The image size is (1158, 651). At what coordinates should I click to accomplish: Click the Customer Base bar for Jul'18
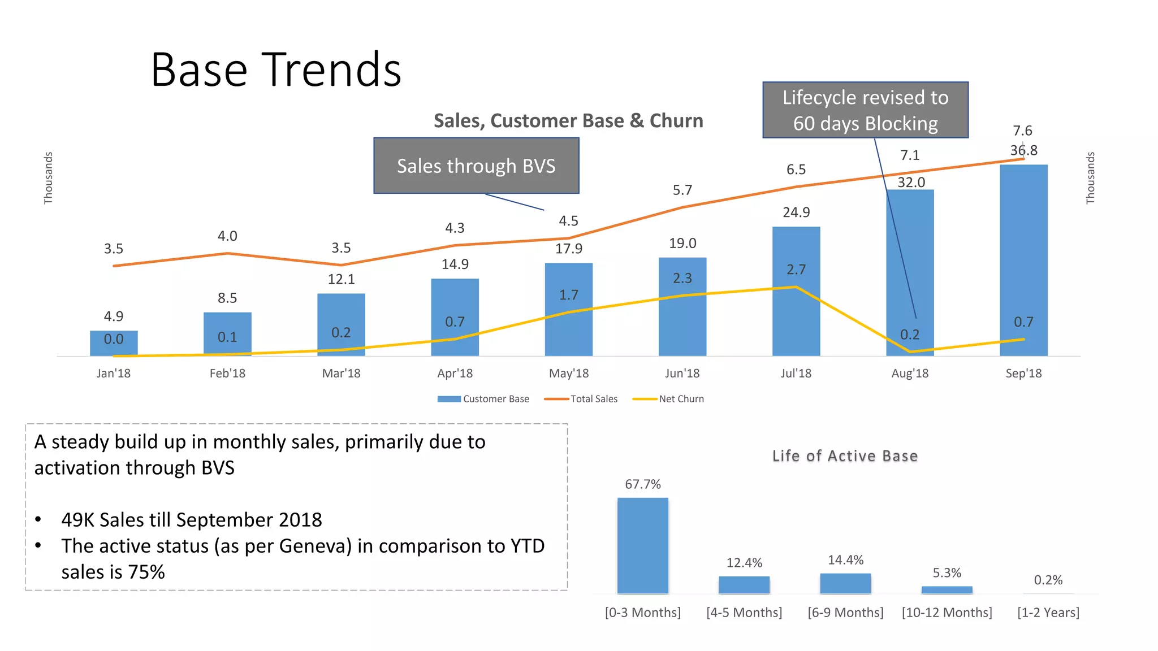pos(796,316)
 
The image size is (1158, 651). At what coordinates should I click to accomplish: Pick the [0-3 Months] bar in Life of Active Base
pos(642,545)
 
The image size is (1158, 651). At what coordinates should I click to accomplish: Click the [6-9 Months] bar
pos(845,583)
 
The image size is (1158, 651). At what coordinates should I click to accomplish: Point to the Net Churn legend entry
pos(669,399)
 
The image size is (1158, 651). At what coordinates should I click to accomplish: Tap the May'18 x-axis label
pos(569,374)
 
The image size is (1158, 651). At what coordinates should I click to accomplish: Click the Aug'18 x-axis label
pos(910,374)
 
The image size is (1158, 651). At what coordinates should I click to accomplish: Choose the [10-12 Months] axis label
pos(947,613)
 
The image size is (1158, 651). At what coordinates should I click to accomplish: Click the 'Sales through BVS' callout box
pos(476,166)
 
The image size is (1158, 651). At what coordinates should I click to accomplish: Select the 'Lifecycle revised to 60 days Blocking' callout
pos(865,110)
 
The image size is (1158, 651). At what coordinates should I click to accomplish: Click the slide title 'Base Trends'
pos(276,70)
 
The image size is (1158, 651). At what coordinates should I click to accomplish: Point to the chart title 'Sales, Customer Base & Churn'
pos(568,121)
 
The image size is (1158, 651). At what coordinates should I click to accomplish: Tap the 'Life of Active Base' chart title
pos(845,456)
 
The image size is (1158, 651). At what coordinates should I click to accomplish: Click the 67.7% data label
pos(642,484)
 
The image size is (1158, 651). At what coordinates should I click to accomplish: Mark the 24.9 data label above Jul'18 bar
pos(796,212)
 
